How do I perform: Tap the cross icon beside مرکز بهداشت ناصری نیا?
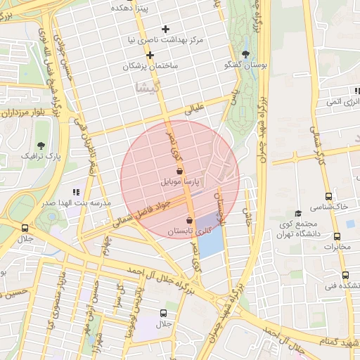[x=165, y=29]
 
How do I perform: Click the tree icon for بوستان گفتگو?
[x=245, y=54]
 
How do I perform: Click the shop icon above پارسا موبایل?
[x=180, y=171]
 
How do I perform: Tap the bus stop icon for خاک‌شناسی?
[x=328, y=196]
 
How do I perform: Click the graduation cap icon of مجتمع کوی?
[x=297, y=213]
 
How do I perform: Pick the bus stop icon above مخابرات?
[x=350, y=224]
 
